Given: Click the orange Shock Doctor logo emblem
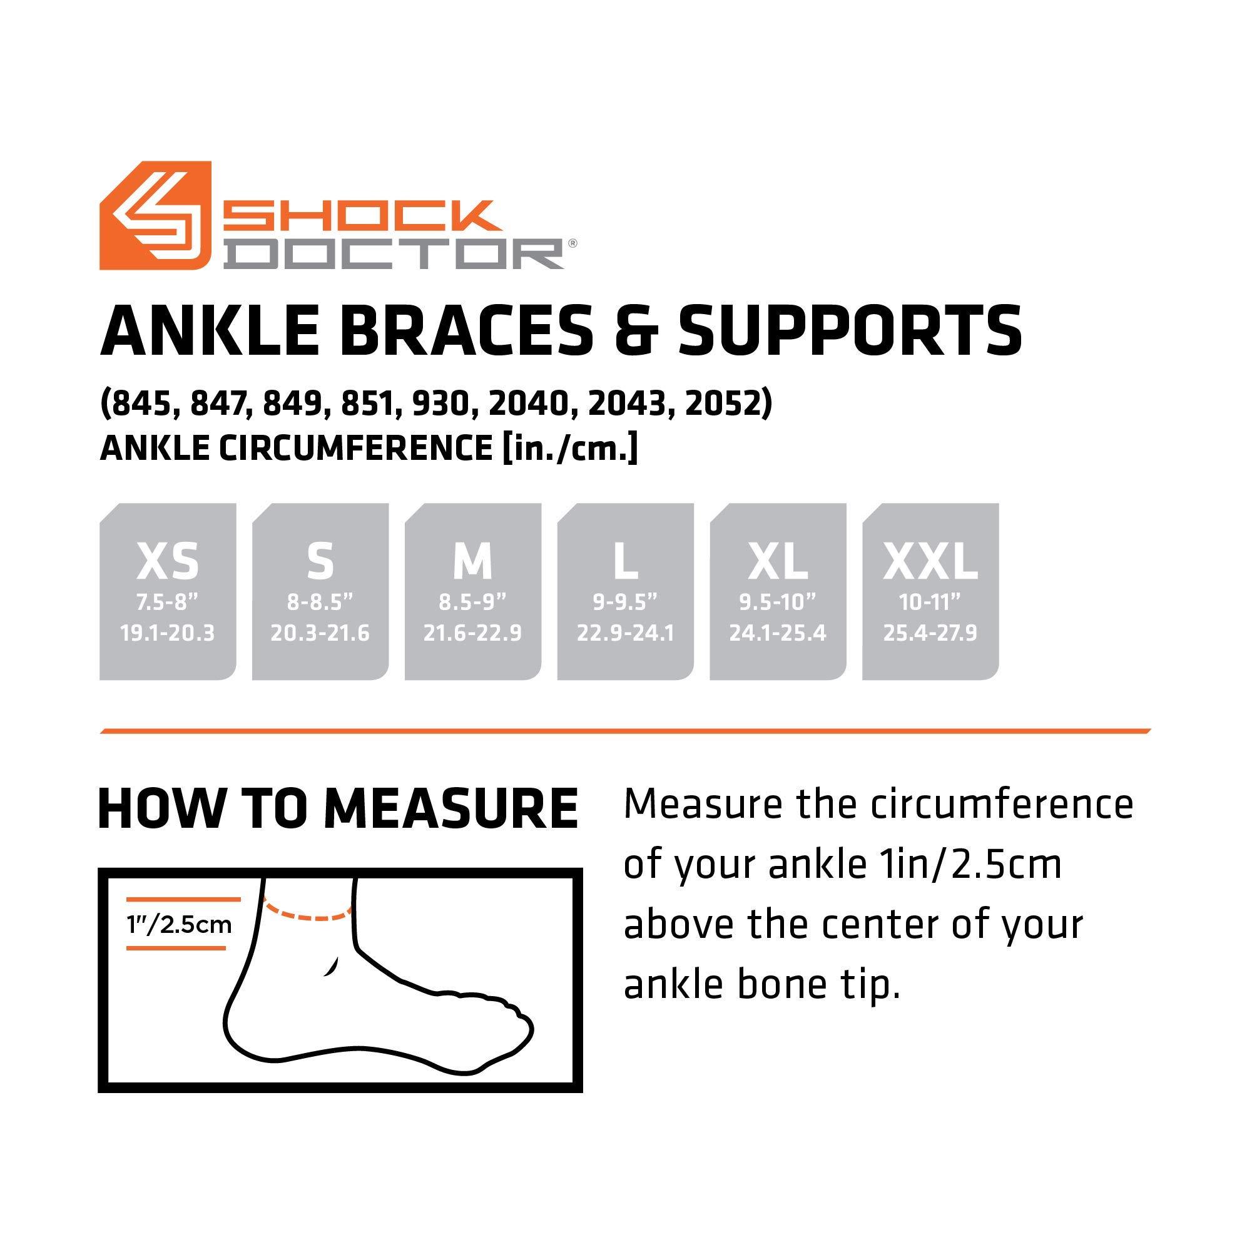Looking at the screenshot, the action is [156, 215].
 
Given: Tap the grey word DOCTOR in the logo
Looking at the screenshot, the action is [397, 254].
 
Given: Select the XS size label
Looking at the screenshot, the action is [168, 561].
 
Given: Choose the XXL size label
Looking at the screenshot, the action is [930, 561].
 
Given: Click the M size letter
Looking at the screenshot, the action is [473, 561].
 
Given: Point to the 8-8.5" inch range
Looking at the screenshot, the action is [320, 603].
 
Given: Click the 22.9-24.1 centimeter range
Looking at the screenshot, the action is [625, 633].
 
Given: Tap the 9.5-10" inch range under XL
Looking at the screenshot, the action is [778, 603].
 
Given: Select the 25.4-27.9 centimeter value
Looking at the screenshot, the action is [930, 633].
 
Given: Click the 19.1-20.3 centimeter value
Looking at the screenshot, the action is [167, 633].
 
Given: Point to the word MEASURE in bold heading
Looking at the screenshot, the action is [451, 809].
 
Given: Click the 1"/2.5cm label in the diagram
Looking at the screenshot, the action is [180, 924].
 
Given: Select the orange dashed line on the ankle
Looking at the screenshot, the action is [307, 913].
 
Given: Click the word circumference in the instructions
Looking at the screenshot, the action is [1002, 805].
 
